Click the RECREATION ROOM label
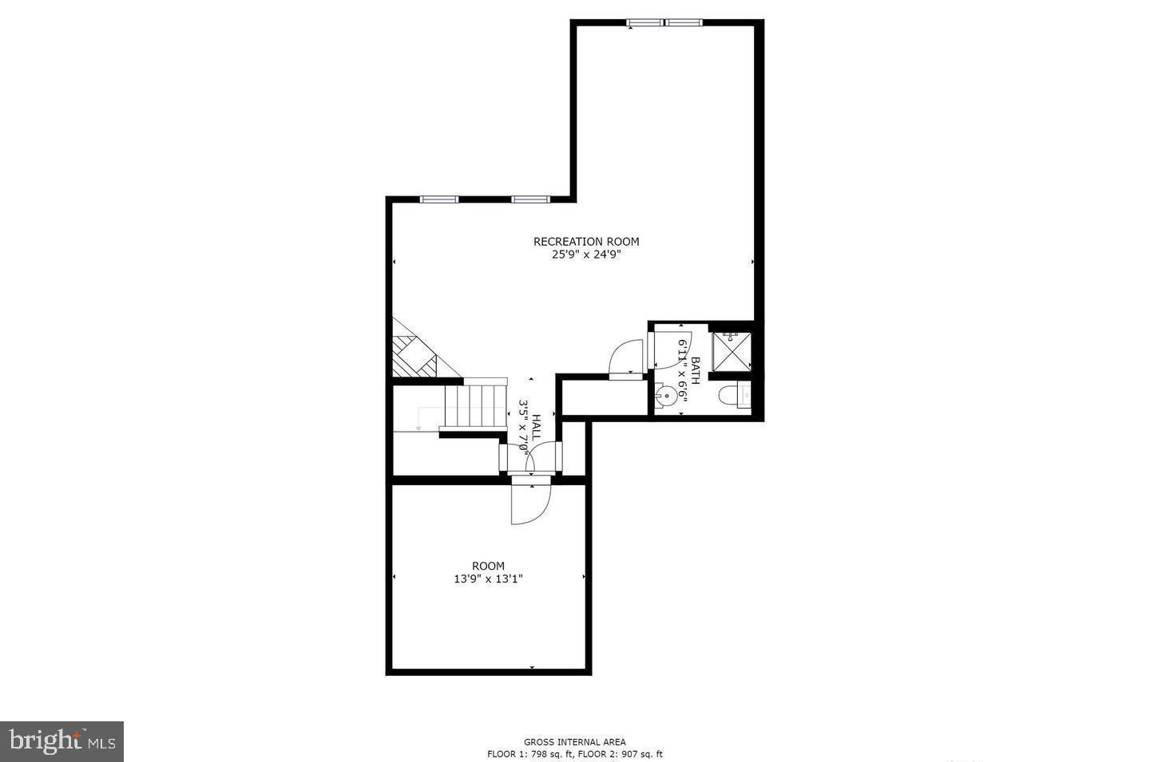586,242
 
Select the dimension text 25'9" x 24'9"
586,255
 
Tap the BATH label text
695,370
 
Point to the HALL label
536,427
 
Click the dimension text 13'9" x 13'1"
488,579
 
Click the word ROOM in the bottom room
488,567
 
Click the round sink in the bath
664,394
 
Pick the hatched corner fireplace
413,357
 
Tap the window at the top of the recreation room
664,22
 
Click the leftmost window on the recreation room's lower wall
439,199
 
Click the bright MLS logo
62,741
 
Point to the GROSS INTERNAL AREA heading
575,742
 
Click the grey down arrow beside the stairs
418,428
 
